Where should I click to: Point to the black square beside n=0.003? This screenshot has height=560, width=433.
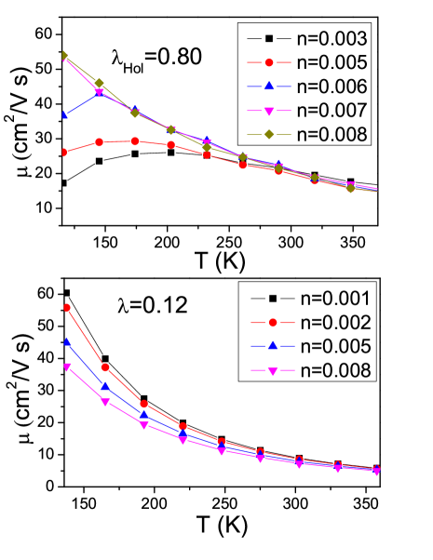[269, 39]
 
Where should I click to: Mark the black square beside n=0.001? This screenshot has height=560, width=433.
[273, 299]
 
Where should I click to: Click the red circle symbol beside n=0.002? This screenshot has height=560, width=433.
[273, 322]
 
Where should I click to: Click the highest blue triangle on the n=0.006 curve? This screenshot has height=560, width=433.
[100, 92]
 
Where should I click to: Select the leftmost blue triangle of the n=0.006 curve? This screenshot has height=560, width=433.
[64, 114]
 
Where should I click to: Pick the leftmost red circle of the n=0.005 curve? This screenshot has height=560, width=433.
[64, 153]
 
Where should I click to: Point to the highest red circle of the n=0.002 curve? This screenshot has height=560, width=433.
[67, 307]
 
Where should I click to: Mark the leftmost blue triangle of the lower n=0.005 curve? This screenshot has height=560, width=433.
[67, 342]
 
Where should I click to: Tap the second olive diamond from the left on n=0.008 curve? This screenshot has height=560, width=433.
[100, 84]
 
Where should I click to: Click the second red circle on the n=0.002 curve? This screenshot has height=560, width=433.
[105, 367]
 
